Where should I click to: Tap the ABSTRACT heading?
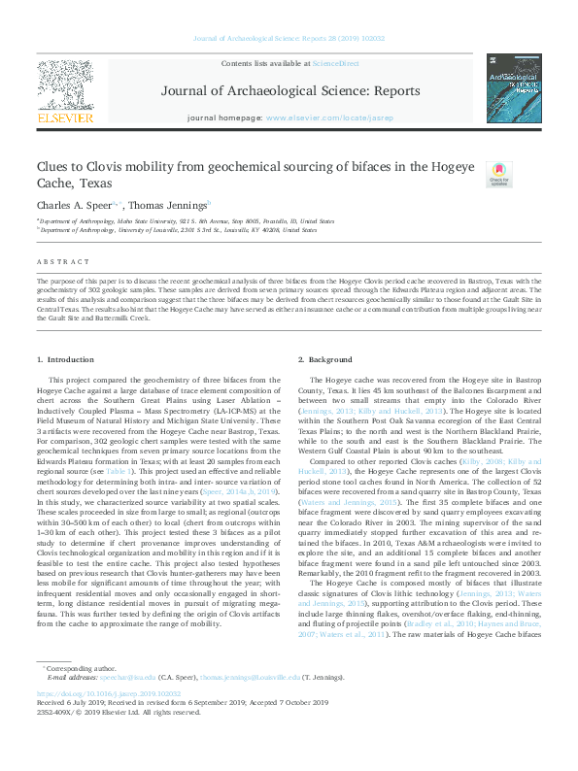coord(57,262)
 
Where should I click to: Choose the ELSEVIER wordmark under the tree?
coord(65,118)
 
